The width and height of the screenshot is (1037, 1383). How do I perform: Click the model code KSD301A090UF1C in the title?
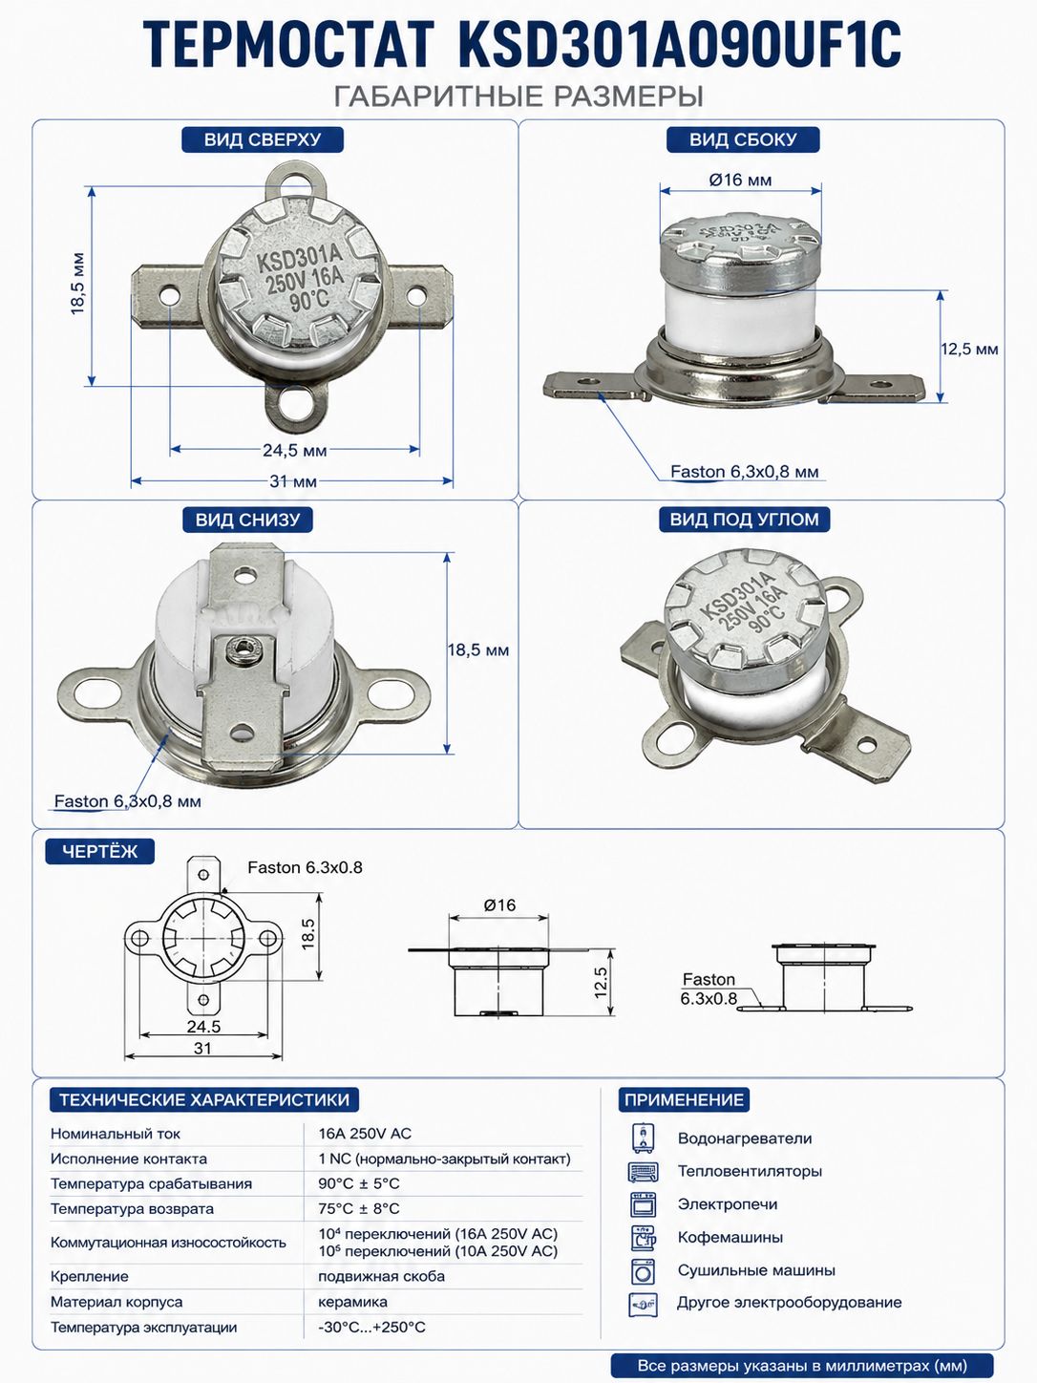click(x=679, y=44)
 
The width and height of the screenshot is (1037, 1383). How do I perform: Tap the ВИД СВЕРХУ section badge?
click(x=263, y=139)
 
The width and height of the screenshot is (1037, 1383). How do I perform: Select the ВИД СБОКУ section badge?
click(x=743, y=139)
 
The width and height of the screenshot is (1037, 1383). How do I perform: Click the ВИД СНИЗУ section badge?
click(x=247, y=520)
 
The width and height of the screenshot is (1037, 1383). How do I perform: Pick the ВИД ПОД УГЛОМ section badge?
click(x=744, y=520)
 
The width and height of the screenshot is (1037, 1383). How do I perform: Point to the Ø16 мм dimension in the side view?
click(x=740, y=181)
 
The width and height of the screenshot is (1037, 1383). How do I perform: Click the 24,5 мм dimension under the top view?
click(x=295, y=451)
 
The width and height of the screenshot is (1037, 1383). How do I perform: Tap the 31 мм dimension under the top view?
click(x=293, y=481)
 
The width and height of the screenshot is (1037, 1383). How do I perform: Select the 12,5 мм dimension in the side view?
click(x=969, y=349)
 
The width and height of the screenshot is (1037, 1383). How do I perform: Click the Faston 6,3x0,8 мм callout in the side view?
click(x=744, y=472)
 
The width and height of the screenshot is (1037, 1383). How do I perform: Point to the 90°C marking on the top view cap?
click(x=309, y=300)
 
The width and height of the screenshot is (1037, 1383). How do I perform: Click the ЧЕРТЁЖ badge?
click(x=99, y=851)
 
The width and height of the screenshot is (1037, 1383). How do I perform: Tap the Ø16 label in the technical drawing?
click(x=499, y=904)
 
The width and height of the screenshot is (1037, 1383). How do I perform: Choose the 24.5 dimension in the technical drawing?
click(x=203, y=1027)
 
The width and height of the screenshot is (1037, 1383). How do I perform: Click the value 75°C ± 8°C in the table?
click(x=359, y=1208)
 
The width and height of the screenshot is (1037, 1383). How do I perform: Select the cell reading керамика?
click(x=352, y=1302)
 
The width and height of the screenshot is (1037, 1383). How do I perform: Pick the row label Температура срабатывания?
click(x=151, y=1184)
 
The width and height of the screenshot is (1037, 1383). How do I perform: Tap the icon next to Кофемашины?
click(x=643, y=1238)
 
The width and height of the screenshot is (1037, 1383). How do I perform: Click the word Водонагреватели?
click(x=745, y=1138)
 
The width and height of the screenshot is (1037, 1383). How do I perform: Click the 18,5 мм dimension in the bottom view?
click(x=477, y=649)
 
